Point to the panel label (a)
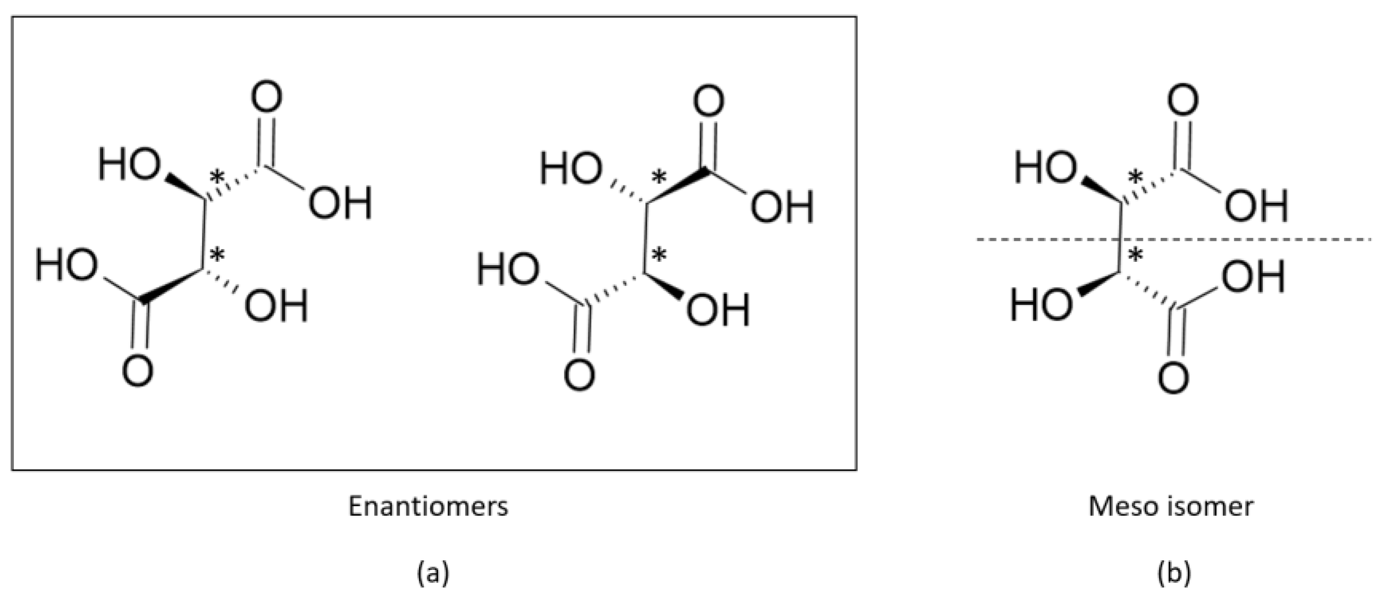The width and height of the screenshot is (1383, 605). pos(433,573)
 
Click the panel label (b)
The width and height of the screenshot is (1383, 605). pos(1174,573)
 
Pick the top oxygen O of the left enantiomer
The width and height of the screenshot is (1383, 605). pos(267,97)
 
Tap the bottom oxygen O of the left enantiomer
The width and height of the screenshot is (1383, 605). pos(138,371)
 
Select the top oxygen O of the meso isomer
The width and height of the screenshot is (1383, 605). pos(1183,100)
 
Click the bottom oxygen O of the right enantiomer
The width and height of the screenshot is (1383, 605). pos(579,374)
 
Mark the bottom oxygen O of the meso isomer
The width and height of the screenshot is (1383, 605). pos(1173,378)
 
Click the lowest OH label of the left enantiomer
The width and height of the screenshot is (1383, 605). pos(276,306)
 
